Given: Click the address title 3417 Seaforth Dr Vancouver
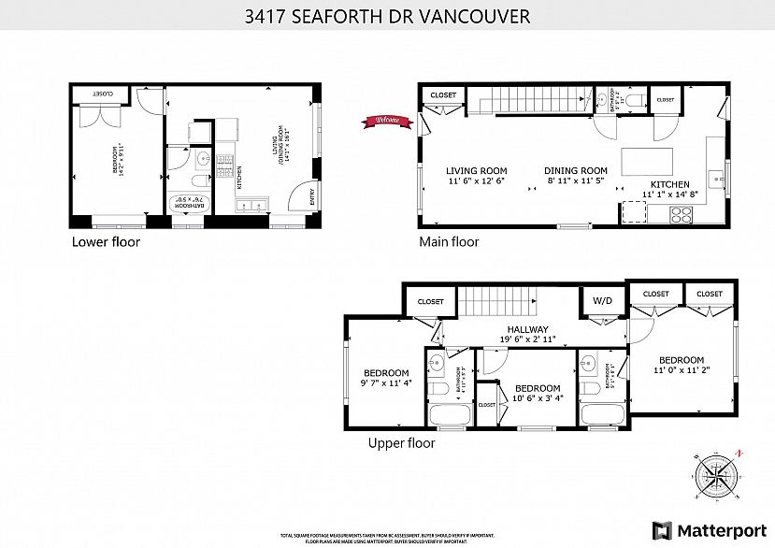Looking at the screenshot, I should tap(387, 16).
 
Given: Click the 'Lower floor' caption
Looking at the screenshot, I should tap(106, 242).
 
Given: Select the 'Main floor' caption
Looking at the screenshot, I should tap(449, 242).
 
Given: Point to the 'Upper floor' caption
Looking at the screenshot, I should tap(401, 443).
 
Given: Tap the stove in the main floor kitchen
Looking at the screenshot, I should tap(682, 214).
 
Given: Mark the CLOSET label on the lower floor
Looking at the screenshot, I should tap(103, 94).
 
